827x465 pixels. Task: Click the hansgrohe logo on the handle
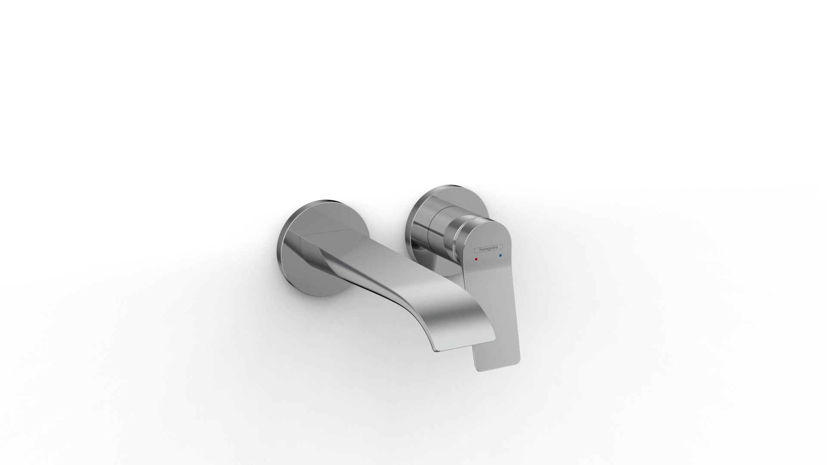coord(488,249)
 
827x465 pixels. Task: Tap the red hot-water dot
coord(476,260)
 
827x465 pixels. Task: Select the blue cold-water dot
coord(501,256)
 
